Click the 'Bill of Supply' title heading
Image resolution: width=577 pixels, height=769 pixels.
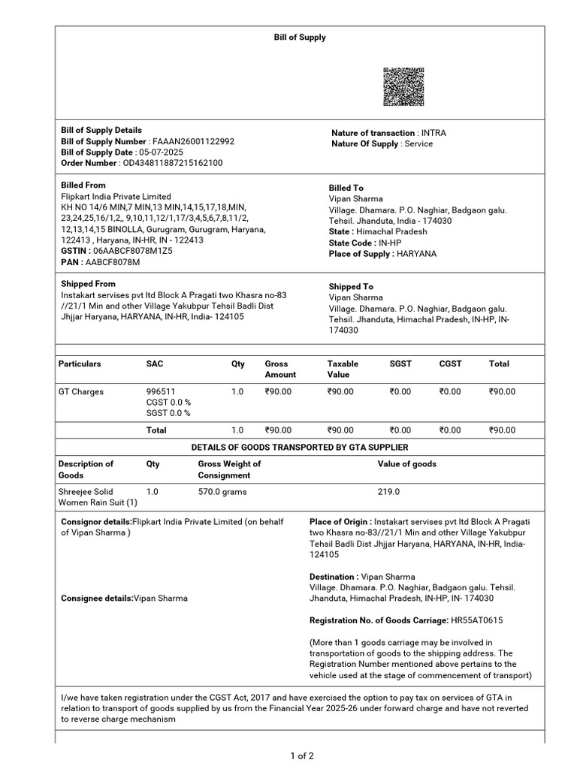click(299, 37)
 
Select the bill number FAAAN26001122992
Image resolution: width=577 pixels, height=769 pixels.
click(193, 141)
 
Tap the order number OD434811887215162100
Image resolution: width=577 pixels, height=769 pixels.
click(173, 163)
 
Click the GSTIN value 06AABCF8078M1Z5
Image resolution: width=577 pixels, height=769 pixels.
click(132, 251)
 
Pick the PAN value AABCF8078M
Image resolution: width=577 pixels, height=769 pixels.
click(112, 262)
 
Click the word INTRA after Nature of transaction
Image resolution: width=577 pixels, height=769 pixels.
click(434, 133)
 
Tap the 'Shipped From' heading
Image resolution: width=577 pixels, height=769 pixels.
click(88, 284)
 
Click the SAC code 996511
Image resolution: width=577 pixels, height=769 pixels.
click(161, 392)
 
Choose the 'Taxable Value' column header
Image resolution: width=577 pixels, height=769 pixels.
click(343, 369)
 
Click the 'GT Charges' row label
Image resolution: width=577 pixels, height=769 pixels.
click(81, 392)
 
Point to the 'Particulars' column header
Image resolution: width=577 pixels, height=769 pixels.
click(80, 363)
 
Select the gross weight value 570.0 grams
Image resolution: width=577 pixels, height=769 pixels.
click(222, 492)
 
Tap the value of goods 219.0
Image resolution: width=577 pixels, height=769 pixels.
click(388, 492)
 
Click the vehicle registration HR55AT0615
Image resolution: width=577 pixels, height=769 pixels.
click(476, 620)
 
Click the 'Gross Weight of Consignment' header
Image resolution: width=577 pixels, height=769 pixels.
click(229, 469)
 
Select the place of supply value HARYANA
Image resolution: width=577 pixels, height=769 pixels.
click(417, 254)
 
